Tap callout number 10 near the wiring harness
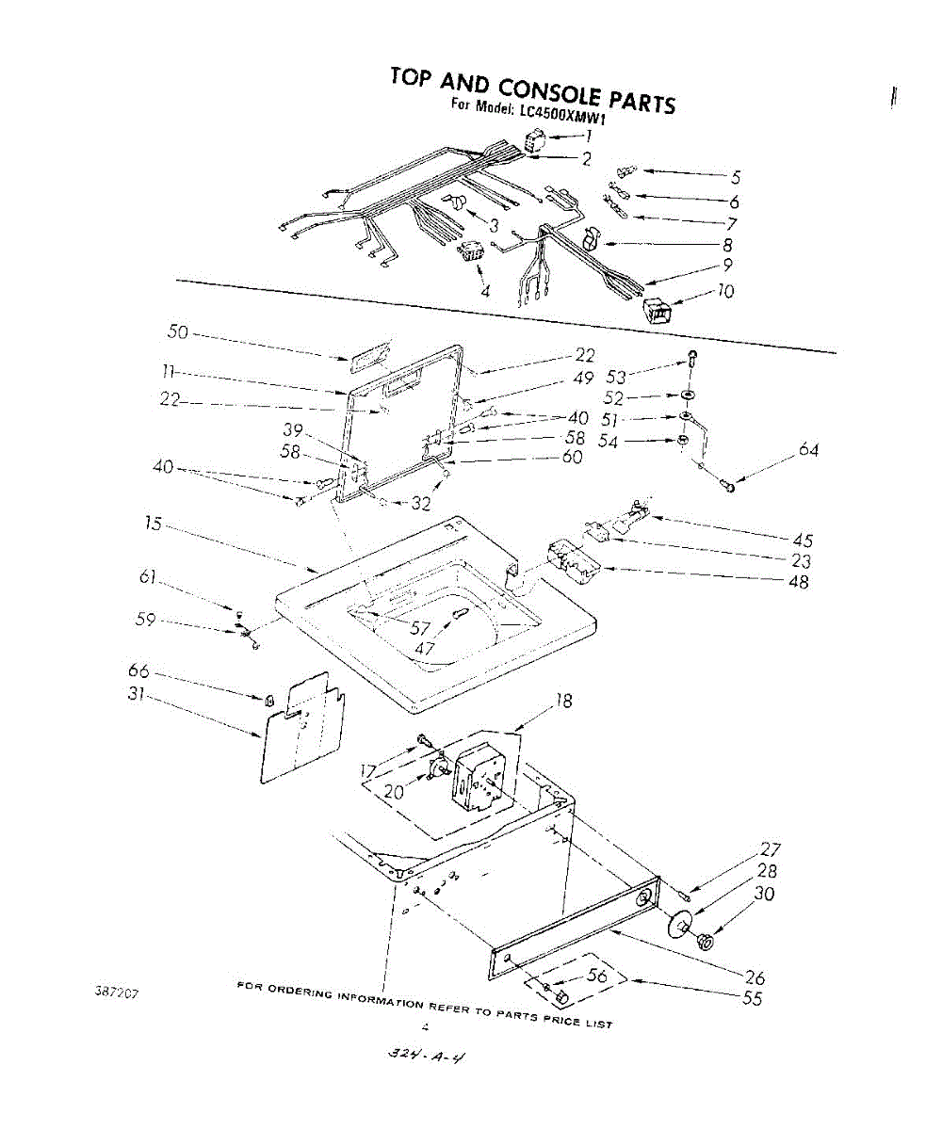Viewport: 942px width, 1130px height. [x=725, y=291]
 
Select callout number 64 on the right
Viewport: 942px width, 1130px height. [x=808, y=450]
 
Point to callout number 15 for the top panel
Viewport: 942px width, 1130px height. [x=154, y=524]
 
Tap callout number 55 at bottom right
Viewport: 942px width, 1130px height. [x=752, y=999]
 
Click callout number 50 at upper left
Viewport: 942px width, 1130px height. [x=177, y=332]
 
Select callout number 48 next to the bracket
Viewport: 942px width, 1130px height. [x=797, y=581]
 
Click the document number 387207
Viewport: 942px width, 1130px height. [x=117, y=993]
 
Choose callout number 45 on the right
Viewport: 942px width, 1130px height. [x=802, y=540]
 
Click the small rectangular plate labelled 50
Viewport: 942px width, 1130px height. [x=367, y=355]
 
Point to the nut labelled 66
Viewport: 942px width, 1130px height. [x=268, y=700]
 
